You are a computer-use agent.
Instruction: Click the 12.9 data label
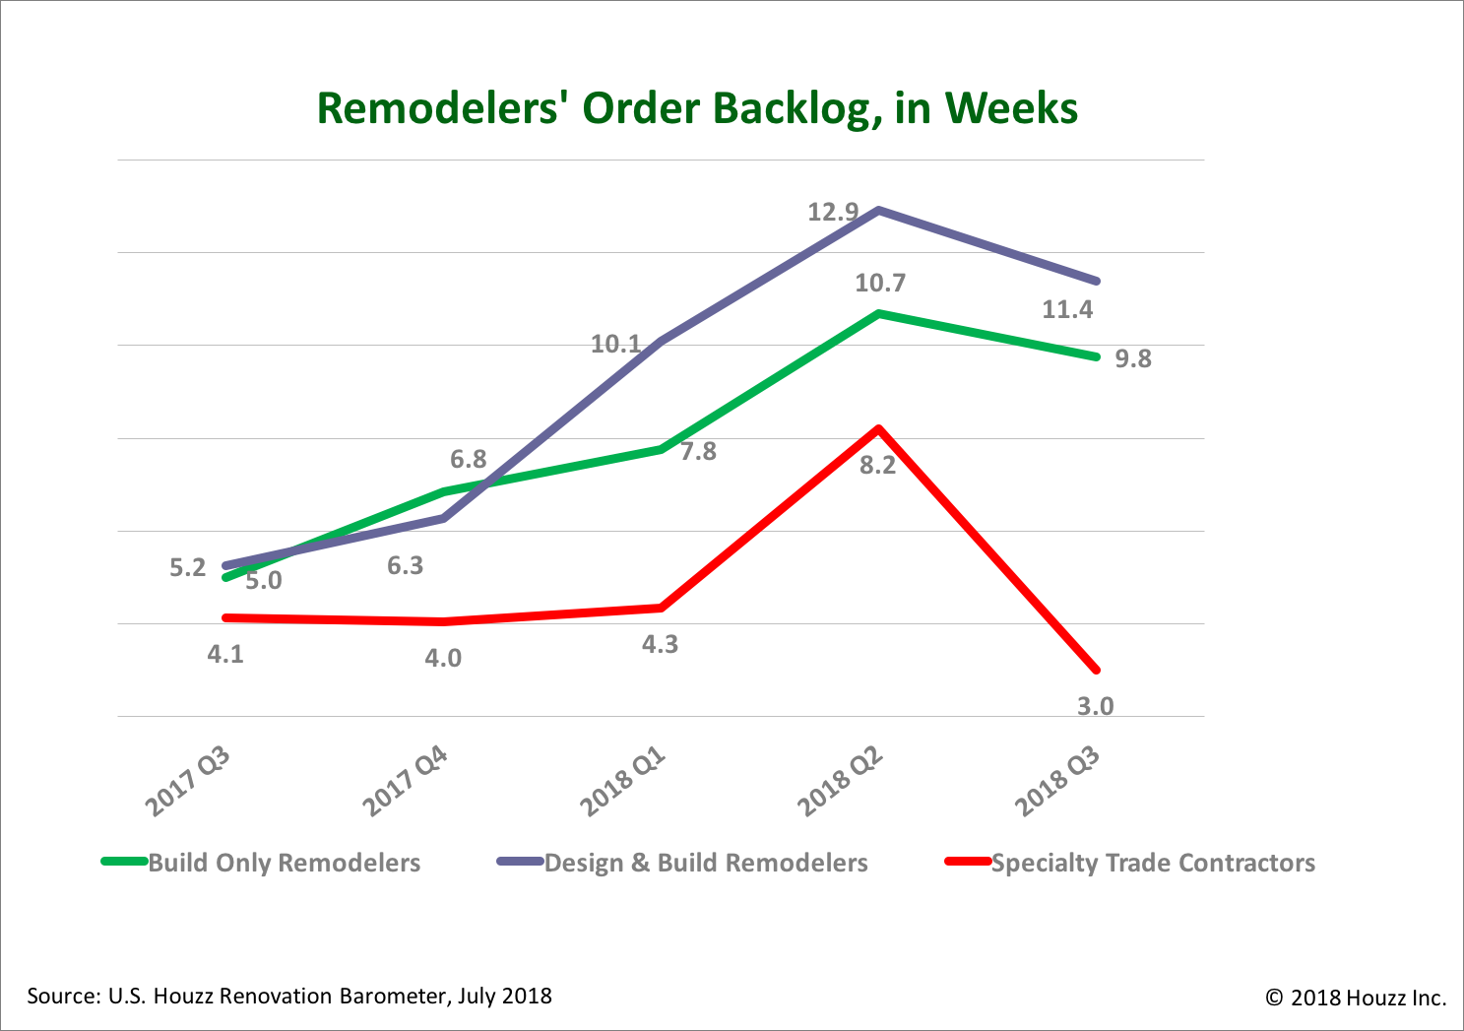tap(833, 212)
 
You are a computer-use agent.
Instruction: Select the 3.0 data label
tap(1095, 706)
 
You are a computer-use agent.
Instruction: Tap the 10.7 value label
tap(879, 284)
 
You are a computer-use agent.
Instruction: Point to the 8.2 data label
tap(877, 466)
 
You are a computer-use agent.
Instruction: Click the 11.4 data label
tap(1067, 310)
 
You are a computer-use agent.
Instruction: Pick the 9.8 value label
tap(1132, 359)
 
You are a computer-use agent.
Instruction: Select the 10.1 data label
tap(615, 344)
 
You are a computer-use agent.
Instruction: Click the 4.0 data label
tap(443, 658)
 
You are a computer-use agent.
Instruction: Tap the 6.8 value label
tap(469, 460)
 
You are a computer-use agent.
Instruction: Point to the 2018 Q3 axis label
tap(1057, 783)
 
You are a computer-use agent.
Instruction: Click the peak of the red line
tap(877, 428)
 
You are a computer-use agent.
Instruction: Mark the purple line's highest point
tap(877, 210)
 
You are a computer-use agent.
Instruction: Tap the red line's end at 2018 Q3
tap(1096, 671)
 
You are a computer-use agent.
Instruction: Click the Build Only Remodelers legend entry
tap(284, 864)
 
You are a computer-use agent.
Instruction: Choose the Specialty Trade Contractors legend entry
tap(1152, 864)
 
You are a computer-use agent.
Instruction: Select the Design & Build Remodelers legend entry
tap(705, 864)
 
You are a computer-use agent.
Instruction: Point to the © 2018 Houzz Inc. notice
tap(1356, 998)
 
